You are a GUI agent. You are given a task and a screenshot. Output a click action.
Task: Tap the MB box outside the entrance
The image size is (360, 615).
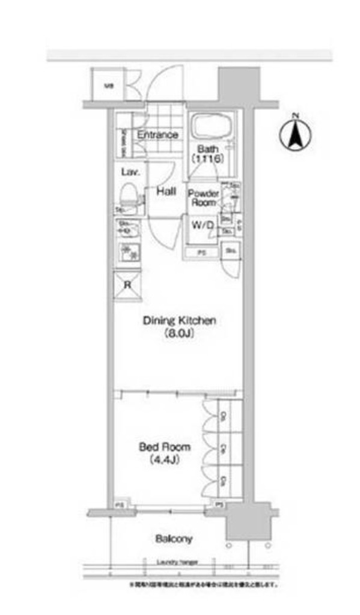108,85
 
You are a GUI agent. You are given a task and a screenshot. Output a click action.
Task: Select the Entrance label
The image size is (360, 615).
157,135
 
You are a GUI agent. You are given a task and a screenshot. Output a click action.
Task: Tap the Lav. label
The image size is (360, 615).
130,172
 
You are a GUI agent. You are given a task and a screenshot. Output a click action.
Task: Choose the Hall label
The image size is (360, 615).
166,192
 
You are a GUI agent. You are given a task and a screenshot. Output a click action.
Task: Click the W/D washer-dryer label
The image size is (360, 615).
203,225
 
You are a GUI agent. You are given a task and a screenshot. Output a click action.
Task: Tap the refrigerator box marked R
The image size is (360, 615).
127,285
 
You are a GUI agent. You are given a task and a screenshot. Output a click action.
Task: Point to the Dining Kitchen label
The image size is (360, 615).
179,321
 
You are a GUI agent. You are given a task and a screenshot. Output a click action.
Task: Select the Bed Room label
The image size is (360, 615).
165,447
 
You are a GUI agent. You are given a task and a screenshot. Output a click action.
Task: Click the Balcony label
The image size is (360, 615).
174,539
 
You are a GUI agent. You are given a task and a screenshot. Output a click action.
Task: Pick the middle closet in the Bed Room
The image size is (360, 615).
224,447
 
